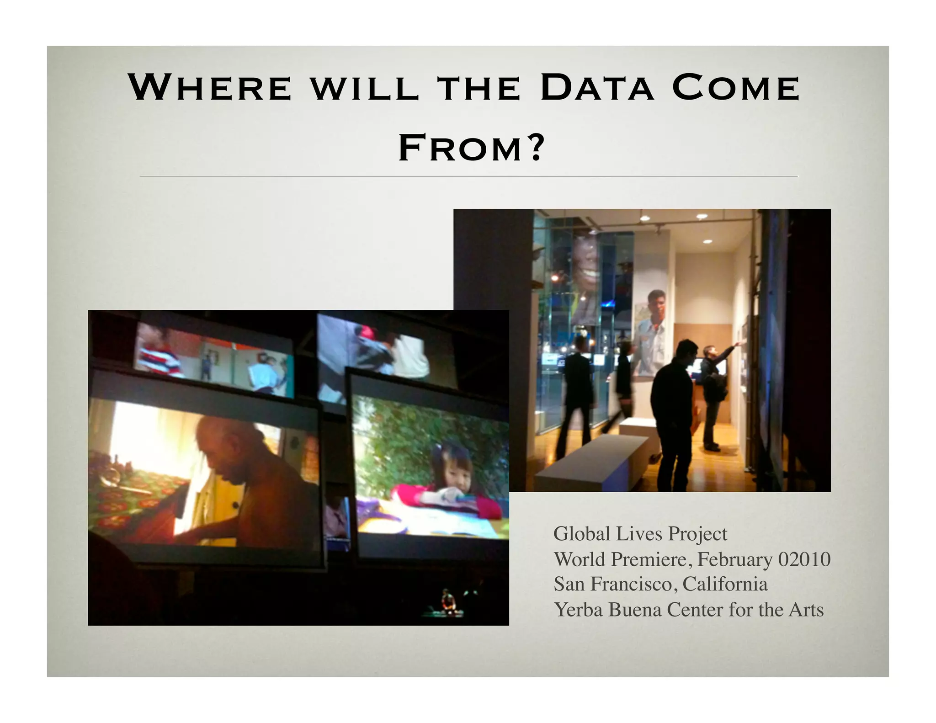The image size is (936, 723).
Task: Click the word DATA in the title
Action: pyautogui.click(x=597, y=87)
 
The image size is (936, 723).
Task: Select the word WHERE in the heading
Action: pyautogui.click(x=210, y=87)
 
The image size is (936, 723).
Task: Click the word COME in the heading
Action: pyautogui.click(x=736, y=87)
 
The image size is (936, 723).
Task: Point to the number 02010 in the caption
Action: pyautogui.click(x=804, y=559)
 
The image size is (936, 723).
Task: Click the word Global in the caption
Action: pyautogui.click(x=582, y=534)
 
